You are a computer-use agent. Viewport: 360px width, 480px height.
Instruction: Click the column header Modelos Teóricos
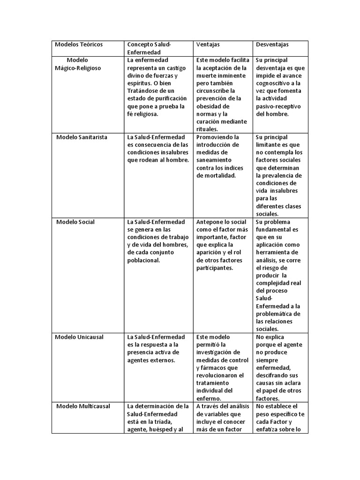79,45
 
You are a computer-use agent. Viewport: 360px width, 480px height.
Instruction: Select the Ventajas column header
208,45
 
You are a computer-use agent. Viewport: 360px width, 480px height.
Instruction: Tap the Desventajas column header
272,45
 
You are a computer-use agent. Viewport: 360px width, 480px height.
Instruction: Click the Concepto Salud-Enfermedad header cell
150,48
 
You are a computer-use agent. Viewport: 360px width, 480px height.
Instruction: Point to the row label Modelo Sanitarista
82,137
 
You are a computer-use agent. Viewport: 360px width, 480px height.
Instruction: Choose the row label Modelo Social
75,222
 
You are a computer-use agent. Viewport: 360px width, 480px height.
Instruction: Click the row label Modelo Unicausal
79,337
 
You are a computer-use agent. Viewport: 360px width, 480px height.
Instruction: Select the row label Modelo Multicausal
83,406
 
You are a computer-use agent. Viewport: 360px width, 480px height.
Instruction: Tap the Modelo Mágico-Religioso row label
78,64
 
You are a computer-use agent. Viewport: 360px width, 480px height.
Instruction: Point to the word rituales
207,129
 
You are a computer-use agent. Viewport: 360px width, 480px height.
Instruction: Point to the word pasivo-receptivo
279,106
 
